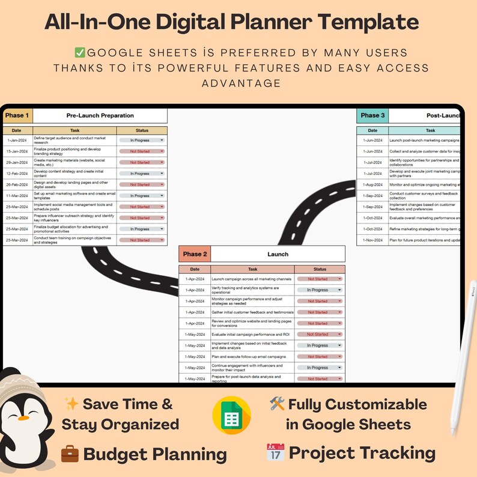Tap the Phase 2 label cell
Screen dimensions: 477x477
click(x=195, y=254)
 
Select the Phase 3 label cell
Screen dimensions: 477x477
click(x=372, y=115)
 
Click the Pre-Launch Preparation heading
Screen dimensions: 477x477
click(x=100, y=115)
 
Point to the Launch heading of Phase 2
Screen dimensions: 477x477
click(x=278, y=254)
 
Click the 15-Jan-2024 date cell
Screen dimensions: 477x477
click(x=17, y=151)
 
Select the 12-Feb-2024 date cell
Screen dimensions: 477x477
click(x=17, y=174)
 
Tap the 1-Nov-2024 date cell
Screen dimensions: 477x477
click(x=372, y=240)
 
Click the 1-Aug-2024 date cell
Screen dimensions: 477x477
click(x=372, y=184)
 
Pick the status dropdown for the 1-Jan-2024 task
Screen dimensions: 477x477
click(x=142, y=140)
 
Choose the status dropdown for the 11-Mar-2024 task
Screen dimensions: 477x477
click(x=142, y=196)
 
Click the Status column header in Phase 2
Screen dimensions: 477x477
click(x=320, y=269)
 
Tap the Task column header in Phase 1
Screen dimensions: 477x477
click(x=74, y=130)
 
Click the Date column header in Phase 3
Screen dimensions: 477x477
click(x=372, y=130)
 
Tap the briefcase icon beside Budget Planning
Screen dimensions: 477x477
click(x=70, y=454)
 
